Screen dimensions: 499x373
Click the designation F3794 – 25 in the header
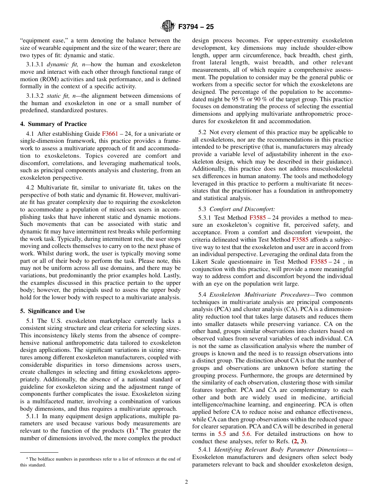tap(196, 27)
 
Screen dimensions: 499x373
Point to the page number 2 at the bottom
tap(186, 482)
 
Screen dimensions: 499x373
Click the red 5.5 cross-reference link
tap(222, 434)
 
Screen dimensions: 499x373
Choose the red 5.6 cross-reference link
tap(246, 434)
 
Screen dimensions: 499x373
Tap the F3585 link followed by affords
tap(300, 239)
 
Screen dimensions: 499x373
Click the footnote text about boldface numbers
tap(101, 462)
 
